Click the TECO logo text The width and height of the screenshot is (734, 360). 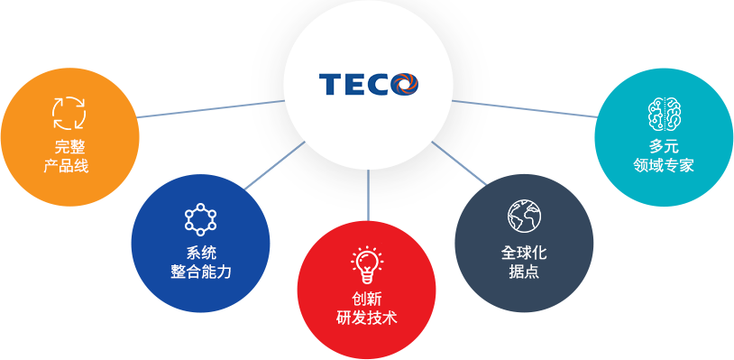pos(357,85)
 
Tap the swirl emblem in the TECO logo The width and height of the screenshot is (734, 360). pos(406,85)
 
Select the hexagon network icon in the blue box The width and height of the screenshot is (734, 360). pos(200,219)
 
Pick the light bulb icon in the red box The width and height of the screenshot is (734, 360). pos(366,262)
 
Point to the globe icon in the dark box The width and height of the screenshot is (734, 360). pos(523,217)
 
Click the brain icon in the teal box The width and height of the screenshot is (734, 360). pos(664,114)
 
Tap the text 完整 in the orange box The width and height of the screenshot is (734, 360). pos(69,146)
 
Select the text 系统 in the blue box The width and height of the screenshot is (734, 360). pos(201,253)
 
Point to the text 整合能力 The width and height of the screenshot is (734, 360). pos(201,272)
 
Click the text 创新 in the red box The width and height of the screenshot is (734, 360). pos(366,299)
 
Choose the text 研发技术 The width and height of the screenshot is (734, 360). pos(366,318)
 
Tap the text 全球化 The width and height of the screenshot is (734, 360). pos(524,253)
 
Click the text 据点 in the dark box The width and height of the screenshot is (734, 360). pos(524,272)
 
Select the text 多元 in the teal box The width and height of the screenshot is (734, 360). pos(664,146)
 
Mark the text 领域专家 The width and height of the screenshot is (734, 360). pos(664,166)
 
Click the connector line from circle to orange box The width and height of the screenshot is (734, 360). pos(212,108)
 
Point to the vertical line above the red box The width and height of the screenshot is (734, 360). pos(368,194)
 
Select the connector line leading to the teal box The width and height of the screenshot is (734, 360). pos(523,108)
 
